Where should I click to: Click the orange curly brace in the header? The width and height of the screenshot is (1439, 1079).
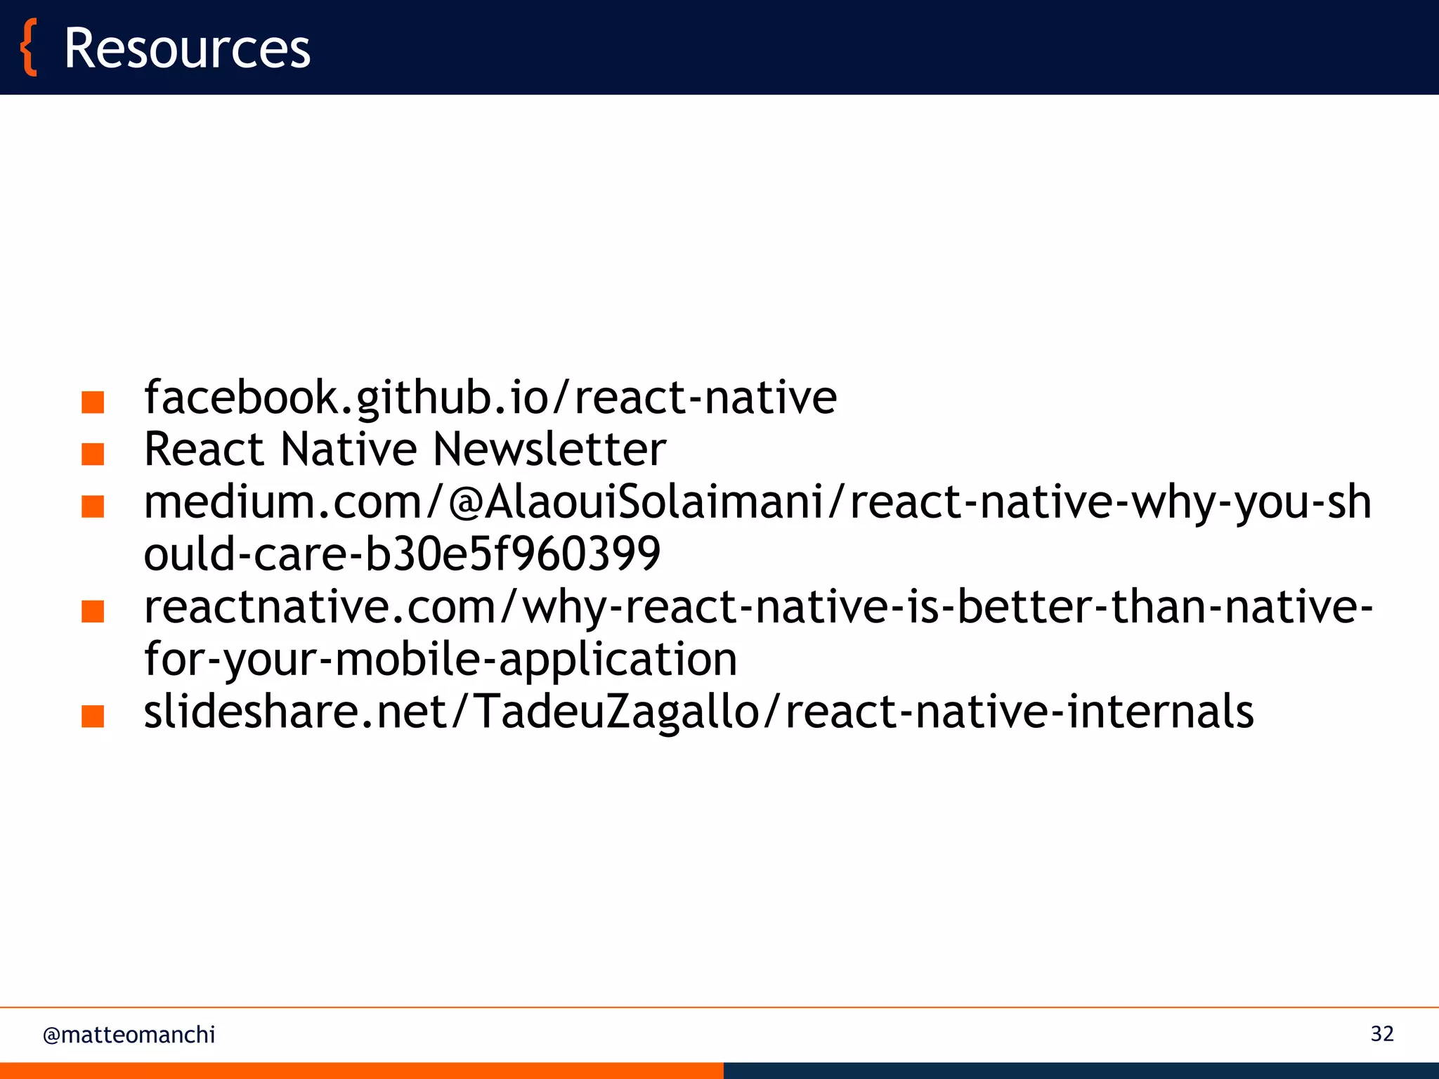coord(29,48)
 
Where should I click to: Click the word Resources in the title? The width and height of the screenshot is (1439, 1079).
coord(187,48)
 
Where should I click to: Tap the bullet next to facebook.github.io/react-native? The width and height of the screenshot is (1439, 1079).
coord(93,403)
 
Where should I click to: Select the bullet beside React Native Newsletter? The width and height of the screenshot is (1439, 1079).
coord(93,455)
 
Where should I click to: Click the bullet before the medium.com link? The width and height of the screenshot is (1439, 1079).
coord(93,506)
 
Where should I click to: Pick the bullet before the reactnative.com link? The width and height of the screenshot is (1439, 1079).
coord(93,611)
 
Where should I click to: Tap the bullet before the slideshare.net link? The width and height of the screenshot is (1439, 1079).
coord(93,717)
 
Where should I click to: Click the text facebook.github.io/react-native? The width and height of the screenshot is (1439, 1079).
coord(490,398)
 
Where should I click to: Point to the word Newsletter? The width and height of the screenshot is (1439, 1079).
coord(549,450)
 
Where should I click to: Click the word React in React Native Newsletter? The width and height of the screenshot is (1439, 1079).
coord(204,450)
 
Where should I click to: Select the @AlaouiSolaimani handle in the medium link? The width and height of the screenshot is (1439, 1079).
coord(636,503)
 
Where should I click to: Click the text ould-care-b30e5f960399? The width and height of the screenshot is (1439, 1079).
coord(402,554)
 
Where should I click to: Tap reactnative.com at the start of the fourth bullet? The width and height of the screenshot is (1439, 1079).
coord(320,607)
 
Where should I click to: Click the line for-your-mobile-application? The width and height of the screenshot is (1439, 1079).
coord(441,660)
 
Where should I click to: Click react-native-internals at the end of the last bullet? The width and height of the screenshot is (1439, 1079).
coord(1019,712)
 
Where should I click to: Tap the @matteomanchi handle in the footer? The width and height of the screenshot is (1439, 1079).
coord(129,1035)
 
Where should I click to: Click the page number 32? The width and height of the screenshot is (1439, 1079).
coord(1381,1034)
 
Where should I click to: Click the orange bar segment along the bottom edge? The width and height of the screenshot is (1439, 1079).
coord(361,1071)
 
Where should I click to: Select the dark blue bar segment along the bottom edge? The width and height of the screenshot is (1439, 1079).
coord(1081,1071)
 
